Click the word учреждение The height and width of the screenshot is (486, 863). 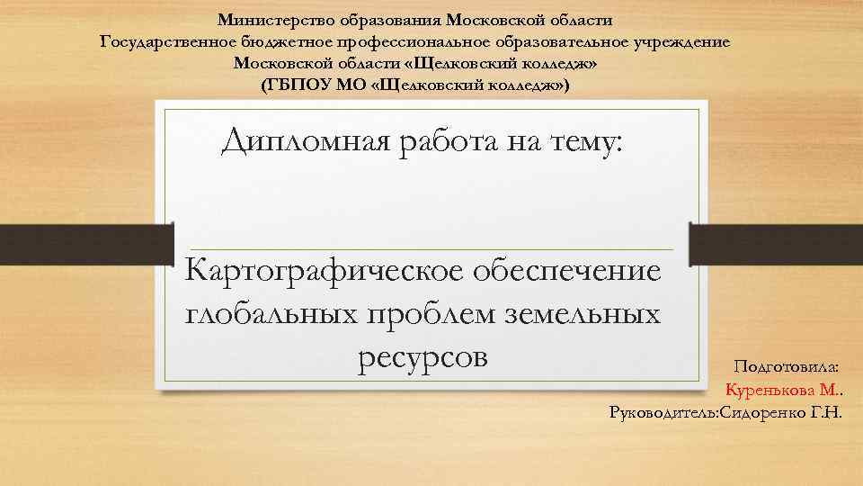[680, 41]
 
